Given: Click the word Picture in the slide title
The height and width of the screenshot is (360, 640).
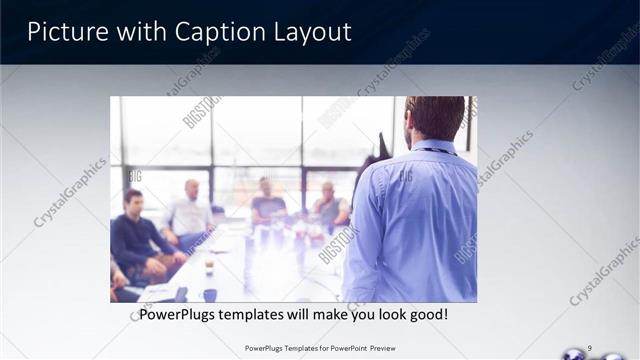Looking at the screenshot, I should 61,32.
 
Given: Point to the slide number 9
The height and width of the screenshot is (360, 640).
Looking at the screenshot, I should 590,348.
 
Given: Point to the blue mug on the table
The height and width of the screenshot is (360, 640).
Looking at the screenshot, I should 210,294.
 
